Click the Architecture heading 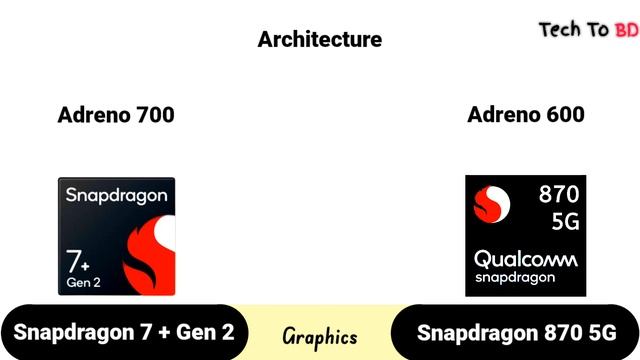[320, 40]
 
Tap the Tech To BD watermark [588, 30]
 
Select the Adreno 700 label [116, 115]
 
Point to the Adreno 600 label [526, 115]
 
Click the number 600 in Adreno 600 [563, 115]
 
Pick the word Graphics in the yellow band [320, 336]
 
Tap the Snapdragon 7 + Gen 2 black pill [124, 333]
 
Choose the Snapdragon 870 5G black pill [516, 333]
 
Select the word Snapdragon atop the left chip [116, 196]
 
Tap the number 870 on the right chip [559, 195]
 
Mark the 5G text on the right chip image [559, 221]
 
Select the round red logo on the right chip [491, 207]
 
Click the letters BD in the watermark [626, 30]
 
